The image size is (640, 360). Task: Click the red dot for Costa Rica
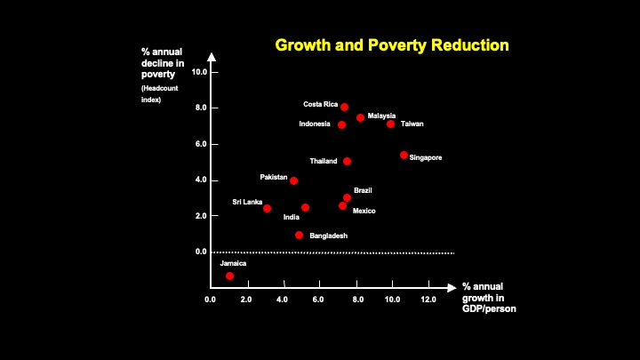(x=344, y=107)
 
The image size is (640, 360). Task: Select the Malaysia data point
(x=360, y=117)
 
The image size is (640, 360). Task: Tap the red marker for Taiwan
(x=390, y=124)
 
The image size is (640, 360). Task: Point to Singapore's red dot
(x=404, y=155)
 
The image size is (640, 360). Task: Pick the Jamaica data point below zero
(x=229, y=276)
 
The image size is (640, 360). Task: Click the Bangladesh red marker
(x=299, y=235)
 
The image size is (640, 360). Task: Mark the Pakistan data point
(x=293, y=180)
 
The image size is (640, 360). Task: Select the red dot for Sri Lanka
(x=267, y=208)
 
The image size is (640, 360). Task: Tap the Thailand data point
(x=347, y=161)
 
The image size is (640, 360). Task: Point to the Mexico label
(x=364, y=211)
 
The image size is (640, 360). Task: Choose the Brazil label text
(x=363, y=190)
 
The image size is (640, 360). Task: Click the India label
(x=291, y=217)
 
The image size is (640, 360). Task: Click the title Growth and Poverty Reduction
(x=391, y=44)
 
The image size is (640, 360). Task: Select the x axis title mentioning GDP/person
(x=488, y=298)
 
